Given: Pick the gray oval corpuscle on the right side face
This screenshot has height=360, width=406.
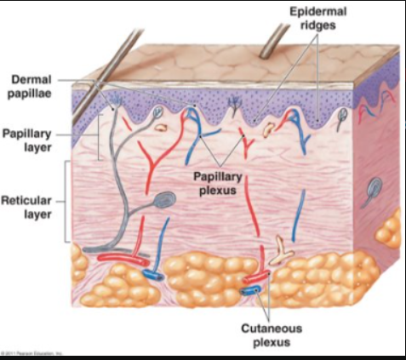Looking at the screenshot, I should tap(375, 189).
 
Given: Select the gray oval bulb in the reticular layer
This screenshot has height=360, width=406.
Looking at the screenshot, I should tap(167, 200).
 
